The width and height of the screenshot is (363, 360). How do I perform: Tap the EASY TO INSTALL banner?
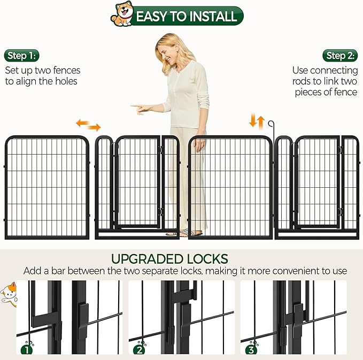[x=186, y=16]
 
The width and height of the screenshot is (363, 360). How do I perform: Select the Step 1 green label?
[x=22, y=56]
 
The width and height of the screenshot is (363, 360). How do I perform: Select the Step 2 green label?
[x=340, y=56]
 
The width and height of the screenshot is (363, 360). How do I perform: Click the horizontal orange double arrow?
[x=88, y=125]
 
